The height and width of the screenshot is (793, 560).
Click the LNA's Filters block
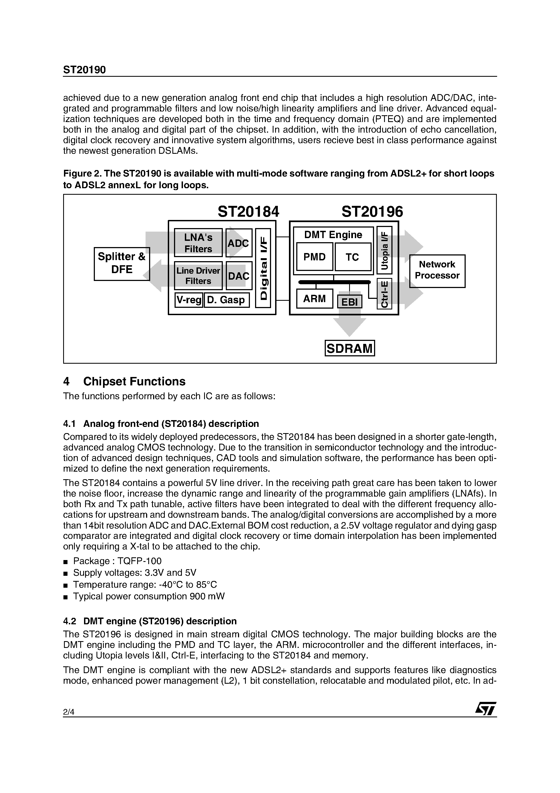click(198, 243)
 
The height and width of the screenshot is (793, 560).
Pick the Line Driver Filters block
click(198, 276)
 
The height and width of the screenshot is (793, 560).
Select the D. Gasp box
click(226, 300)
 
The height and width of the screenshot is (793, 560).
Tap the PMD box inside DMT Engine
click(314, 257)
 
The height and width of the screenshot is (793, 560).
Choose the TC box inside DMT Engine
click(352, 257)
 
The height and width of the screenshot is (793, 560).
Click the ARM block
click(314, 298)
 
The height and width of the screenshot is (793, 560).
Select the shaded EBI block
click(349, 302)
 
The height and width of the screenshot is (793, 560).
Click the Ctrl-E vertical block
click(384, 293)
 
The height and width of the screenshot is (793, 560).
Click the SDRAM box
click(350, 348)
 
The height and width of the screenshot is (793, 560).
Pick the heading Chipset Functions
click(134, 381)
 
